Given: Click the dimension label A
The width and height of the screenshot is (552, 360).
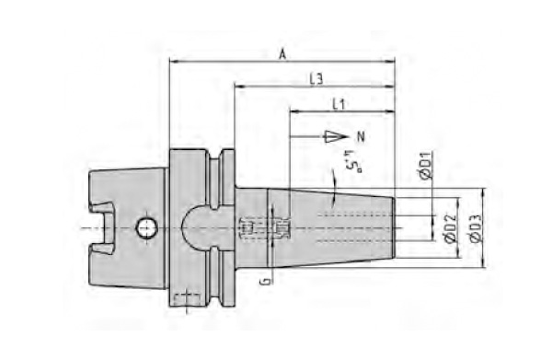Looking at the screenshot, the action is coord(282,54).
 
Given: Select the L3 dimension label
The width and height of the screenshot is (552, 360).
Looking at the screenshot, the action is coord(316,79).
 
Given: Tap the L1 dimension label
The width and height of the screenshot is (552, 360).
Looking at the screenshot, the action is coord(339,104).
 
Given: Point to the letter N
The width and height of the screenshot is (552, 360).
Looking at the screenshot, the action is coord(361,136).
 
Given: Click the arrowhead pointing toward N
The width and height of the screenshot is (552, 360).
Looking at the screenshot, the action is coord(337,136).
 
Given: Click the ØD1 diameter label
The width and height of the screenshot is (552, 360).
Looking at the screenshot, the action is coord(426,165).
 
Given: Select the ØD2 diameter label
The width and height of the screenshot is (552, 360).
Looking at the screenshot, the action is coord(452,228).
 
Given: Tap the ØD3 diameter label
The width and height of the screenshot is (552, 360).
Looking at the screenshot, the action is coord(476,228).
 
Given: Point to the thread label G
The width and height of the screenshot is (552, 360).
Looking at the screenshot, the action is coord(267,281).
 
